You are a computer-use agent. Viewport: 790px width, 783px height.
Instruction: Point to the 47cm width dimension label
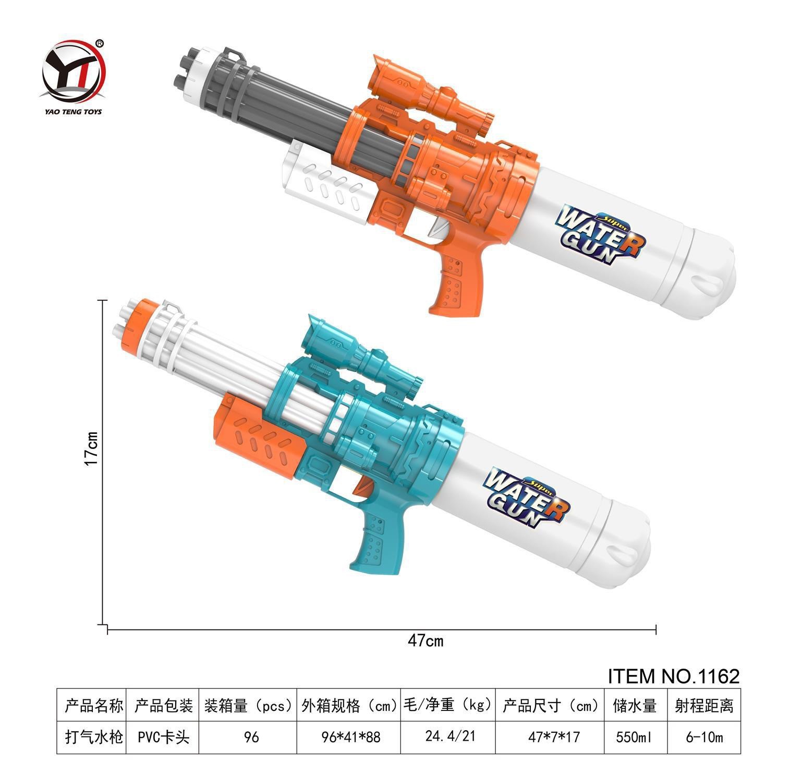[426, 640]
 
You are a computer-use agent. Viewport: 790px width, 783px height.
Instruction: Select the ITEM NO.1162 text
[674, 676]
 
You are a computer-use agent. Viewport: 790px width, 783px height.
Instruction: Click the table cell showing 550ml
[636, 737]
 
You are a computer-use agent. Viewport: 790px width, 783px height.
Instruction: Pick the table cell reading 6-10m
[704, 737]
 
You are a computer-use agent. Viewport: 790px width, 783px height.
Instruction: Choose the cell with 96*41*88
[351, 737]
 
